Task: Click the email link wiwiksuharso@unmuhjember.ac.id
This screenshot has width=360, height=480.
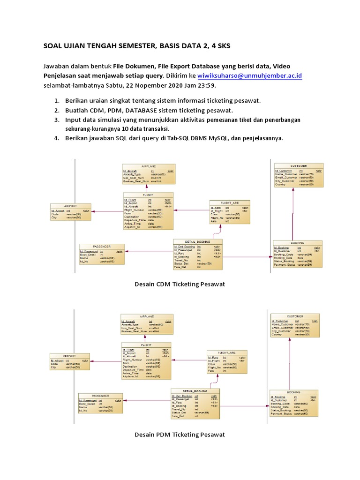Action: [250, 75]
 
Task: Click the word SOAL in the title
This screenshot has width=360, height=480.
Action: [53, 46]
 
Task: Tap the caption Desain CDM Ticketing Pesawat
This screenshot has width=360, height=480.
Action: [180, 284]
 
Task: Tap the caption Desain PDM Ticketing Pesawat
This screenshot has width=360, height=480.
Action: [180, 435]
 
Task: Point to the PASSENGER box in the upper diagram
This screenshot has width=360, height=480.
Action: [102, 254]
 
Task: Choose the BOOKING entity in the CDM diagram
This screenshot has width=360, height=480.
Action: [298, 254]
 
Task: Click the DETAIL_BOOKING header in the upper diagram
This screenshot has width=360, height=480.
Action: [198, 241]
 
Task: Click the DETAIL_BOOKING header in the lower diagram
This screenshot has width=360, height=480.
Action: [195, 390]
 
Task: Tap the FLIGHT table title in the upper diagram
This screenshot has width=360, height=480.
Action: [148, 194]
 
